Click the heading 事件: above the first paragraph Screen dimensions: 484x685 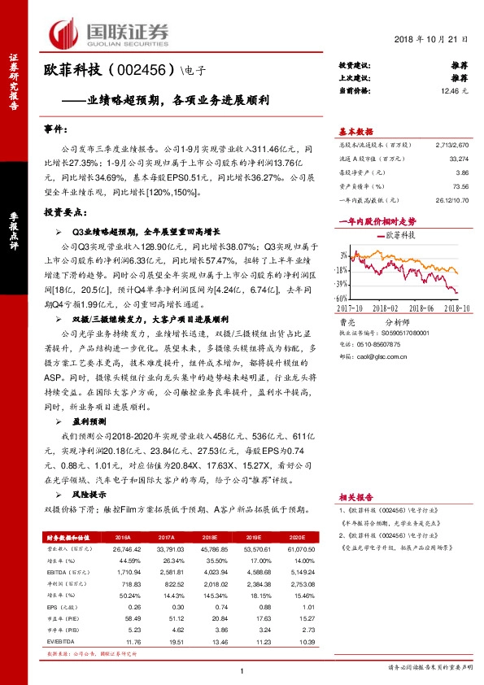tap(57, 129)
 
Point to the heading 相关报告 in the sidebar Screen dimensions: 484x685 tap(355, 495)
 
